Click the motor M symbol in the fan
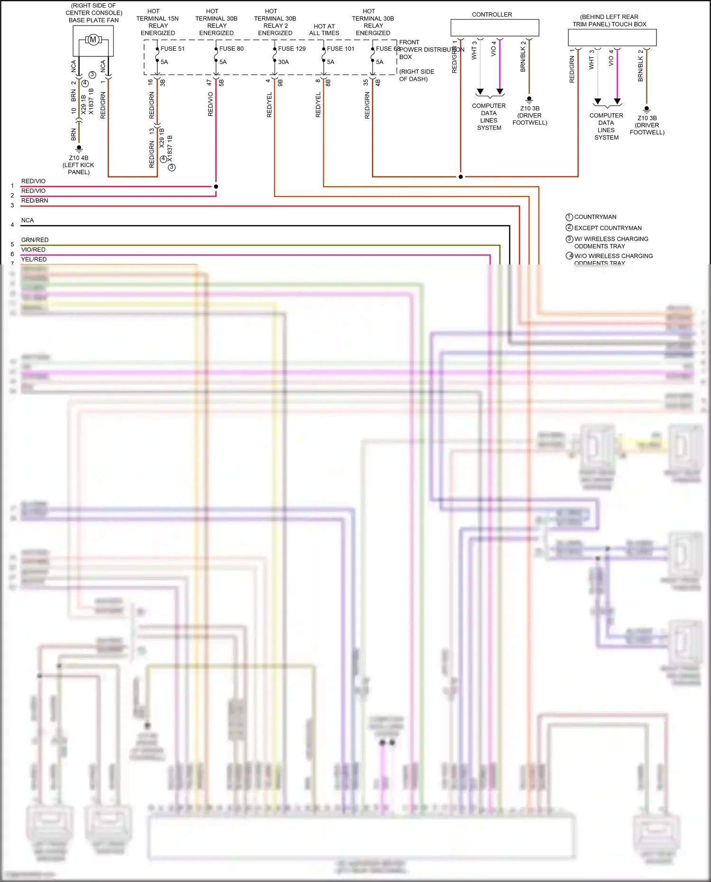(x=93, y=40)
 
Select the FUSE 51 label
(x=173, y=48)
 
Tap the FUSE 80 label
(x=231, y=48)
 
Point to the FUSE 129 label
(x=292, y=48)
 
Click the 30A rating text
(x=283, y=62)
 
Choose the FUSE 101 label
(x=340, y=48)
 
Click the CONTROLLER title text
(x=492, y=15)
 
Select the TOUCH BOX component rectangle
(x=612, y=37)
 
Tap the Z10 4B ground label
(x=79, y=158)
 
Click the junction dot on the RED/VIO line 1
(x=216, y=186)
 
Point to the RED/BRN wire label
(x=35, y=200)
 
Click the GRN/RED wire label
(x=35, y=240)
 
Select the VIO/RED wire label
(x=33, y=249)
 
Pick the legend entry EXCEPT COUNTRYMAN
(x=608, y=228)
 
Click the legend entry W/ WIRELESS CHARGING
(x=611, y=239)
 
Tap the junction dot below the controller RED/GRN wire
(x=460, y=177)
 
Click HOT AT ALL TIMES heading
(x=324, y=29)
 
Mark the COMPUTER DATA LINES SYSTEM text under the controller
(x=489, y=117)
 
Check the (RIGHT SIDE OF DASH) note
(x=416, y=75)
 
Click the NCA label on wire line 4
(x=27, y=220)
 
